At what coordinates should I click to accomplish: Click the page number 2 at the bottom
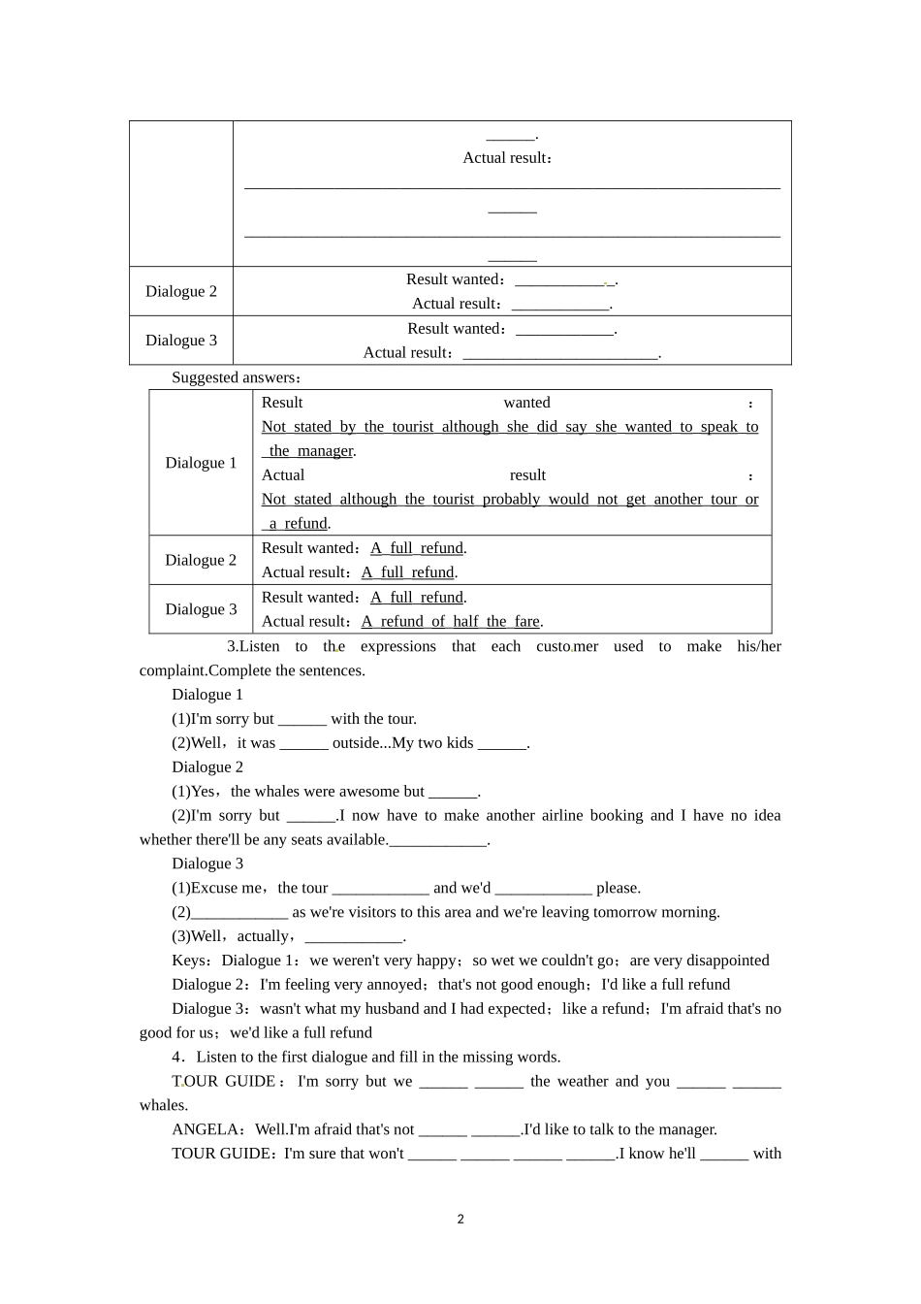[x=460, y=1220]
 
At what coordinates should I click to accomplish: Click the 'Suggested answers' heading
[x=236, y=377]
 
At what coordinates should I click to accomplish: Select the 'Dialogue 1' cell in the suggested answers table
[x=201, y=463]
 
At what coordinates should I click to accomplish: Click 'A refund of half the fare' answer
[x=451, y=622]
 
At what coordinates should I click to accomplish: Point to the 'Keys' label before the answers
[x=190, y=961]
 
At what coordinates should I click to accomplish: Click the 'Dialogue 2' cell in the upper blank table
[x=181, y=291]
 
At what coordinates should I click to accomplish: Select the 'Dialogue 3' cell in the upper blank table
[x=181, y=341]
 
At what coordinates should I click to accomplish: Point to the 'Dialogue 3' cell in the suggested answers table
[x=201, y=609]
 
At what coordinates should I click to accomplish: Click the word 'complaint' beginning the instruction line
[x=173, y=670]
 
